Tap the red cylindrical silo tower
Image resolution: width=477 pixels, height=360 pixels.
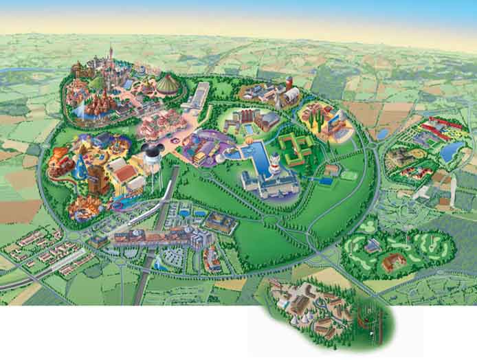click(x=289, y=82)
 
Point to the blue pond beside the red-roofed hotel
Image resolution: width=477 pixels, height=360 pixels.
click(x=450, y=152)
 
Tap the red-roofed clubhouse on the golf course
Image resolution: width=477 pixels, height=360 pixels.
click(x=393, y=260)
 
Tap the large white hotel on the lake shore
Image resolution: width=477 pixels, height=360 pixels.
click(x=269, y=183)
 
